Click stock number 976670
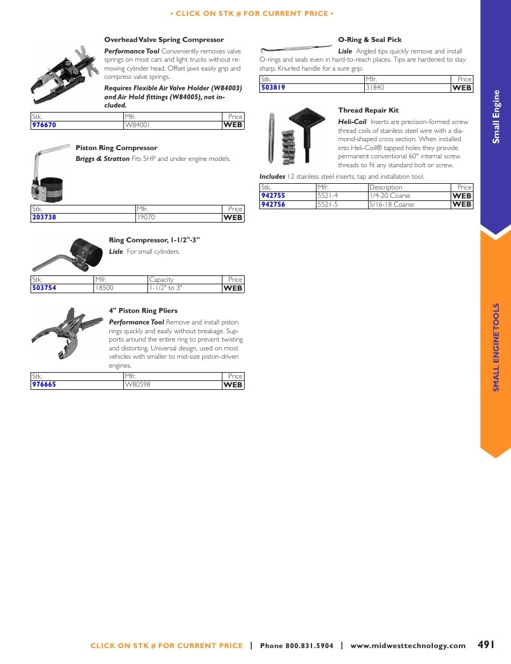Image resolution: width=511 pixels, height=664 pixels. [44, 125]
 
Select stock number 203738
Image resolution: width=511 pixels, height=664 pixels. [44, 218]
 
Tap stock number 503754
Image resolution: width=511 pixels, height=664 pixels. [44, 288]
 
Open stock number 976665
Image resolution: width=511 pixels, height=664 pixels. [44, 385]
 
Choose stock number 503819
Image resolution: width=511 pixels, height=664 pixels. [273, 88]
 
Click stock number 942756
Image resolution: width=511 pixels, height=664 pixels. [273, 205]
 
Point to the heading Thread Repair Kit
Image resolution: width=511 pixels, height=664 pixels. [369, 110]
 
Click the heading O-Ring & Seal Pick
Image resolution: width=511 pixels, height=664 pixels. [370, 40]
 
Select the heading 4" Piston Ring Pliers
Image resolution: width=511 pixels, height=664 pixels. [143, 311]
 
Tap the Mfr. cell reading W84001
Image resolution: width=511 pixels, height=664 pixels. [137, 125]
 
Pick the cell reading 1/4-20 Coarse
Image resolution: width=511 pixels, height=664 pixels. [390, 196]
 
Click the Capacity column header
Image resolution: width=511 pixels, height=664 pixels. [161, 279]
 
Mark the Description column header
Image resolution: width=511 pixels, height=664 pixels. [386, 187]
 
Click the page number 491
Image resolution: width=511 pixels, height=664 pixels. [486, 644]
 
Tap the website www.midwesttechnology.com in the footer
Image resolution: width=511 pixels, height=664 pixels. [408, 646]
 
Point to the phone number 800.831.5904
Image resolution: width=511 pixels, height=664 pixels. [310, 646]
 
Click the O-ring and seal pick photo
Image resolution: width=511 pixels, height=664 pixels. [296, 48]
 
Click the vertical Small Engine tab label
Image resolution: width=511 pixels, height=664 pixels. [496, 116]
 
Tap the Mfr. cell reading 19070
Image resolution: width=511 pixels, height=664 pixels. [146, 218]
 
